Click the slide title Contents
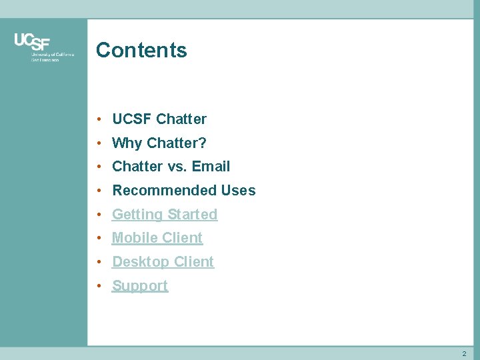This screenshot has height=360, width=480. tap(141, 50)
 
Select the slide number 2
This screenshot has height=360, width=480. tap(464, 353)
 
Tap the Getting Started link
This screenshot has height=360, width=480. tap(165, 215)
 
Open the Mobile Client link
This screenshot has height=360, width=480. tap(157, 238)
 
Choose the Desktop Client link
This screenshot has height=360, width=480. tap(163, 262)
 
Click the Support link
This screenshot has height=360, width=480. tap(140, 286)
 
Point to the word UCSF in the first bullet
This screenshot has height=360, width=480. tap(131, 119)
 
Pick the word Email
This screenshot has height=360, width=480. tap(211, 167)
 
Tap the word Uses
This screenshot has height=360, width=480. tap(238, 191)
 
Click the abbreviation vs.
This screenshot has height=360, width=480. tap(177, 167)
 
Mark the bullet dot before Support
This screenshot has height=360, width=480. tap(98, 286)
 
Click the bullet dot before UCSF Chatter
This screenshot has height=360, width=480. tap(98, 119)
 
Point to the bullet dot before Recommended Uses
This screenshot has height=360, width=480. tap(98, 191)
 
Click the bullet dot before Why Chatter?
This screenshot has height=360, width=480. tap(98, 143)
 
